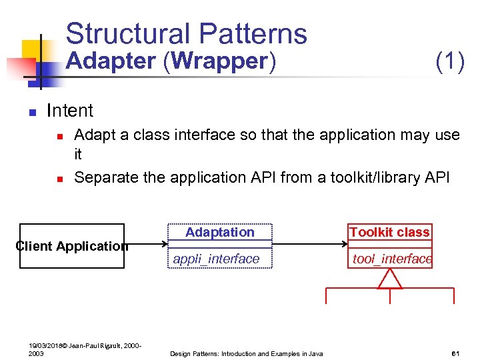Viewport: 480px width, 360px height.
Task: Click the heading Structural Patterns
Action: click(186, 33)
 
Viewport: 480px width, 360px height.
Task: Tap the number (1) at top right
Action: click(449, 61)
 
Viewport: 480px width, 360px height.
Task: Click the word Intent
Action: click(70, 111)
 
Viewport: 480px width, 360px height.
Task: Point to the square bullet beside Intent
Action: click(31, 112)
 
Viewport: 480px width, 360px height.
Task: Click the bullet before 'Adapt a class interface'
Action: click(59, 137)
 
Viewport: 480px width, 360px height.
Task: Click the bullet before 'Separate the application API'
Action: click(59, 179)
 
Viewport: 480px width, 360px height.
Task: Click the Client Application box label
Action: click(71, 246)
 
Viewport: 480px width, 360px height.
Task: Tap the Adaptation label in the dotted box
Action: click(219, 232)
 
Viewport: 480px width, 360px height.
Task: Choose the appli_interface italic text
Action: click(216, 259)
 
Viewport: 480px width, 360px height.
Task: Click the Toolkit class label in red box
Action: click(389, 232)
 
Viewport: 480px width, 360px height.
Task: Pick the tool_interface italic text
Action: click(392, 259)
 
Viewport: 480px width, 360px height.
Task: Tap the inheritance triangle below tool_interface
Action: click(390, 279)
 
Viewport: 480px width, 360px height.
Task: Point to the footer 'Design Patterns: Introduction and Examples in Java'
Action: click(246, 353)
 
